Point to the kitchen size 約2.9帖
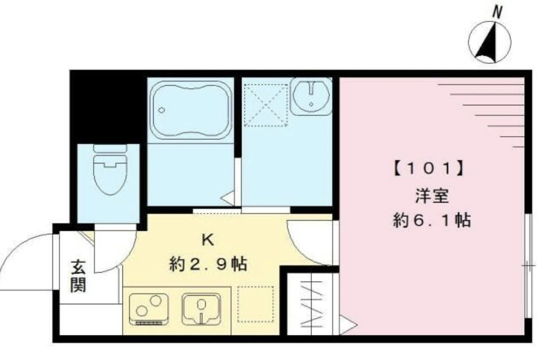(x=208, y=265)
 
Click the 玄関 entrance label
(x=78, y=277)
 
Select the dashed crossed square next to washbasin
(x=265, y=105)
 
